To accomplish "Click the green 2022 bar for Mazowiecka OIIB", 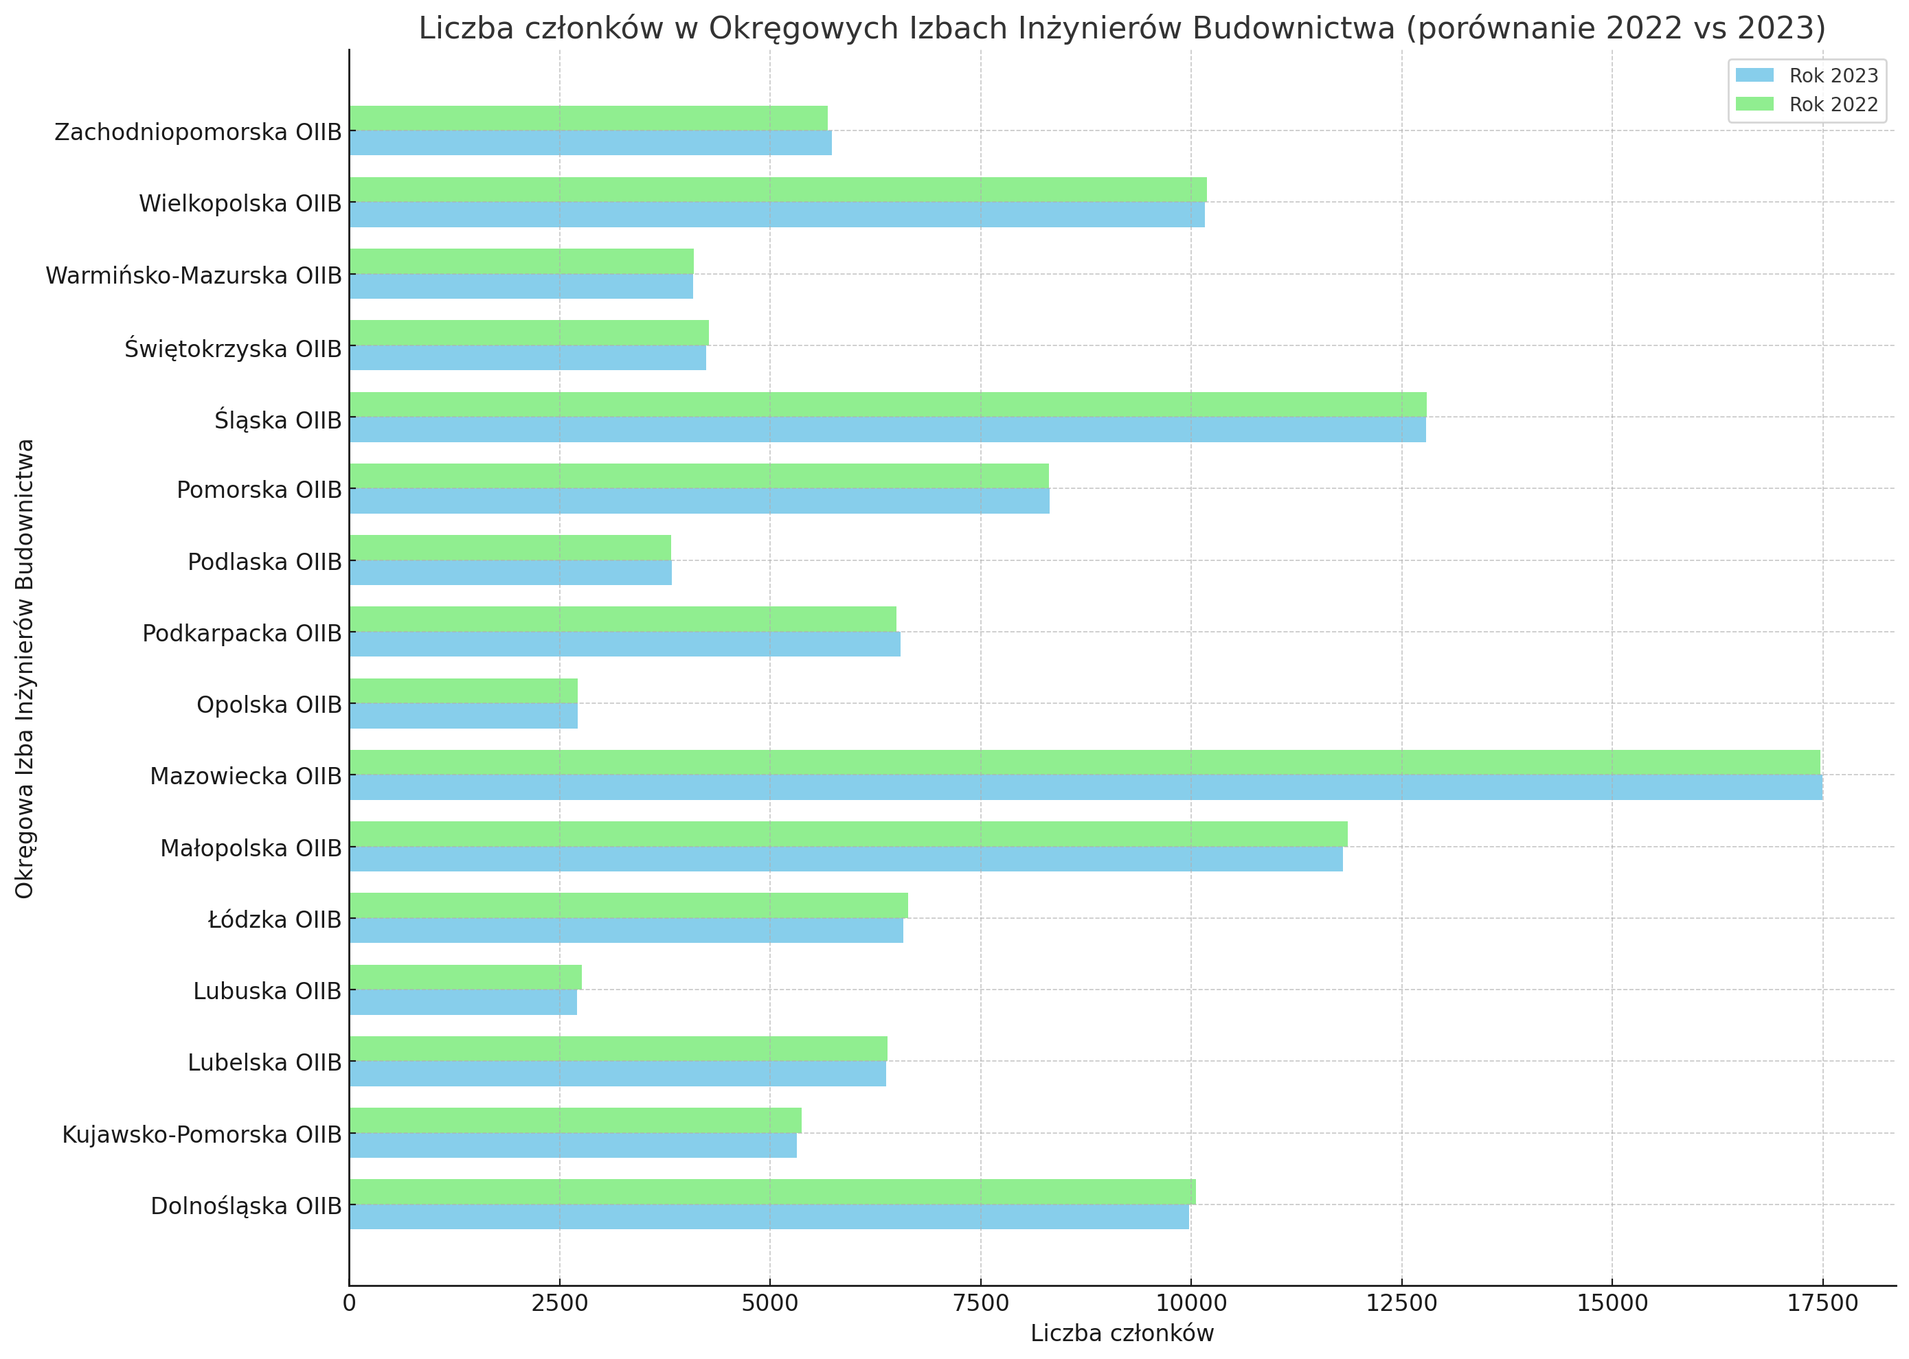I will (1084, 762).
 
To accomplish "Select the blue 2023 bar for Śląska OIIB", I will (887, 429).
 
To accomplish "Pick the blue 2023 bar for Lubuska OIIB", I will (463, 1003).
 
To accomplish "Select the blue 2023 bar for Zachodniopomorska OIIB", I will (590, 143).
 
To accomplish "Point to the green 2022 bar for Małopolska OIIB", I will (848, 834).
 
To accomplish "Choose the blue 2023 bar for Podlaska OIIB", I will (510, 573).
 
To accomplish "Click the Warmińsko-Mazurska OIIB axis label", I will (193, 275).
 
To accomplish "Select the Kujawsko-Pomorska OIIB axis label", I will (202, 1134).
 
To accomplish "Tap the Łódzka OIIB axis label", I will (275, 920).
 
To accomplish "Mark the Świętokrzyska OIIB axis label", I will (233, 348).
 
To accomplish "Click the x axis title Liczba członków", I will (1122, 1334).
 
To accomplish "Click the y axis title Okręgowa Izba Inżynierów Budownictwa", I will (25, 667).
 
